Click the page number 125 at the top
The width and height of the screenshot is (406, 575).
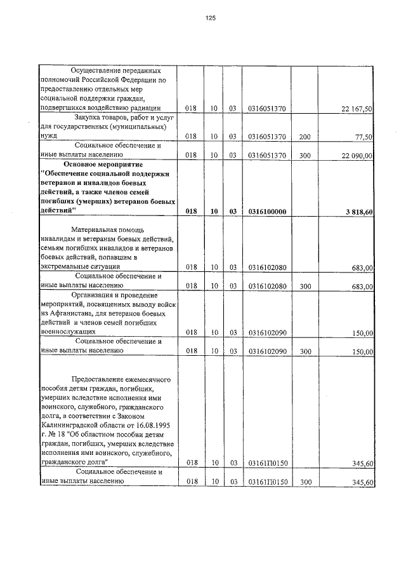point(211,18)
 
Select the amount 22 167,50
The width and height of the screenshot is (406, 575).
point(357,109)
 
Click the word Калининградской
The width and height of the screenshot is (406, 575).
point(71,424)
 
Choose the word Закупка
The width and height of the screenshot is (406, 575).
point(91,118)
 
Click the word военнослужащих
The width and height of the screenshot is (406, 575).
point(68,331)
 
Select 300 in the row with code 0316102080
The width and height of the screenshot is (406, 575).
point(304,287)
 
